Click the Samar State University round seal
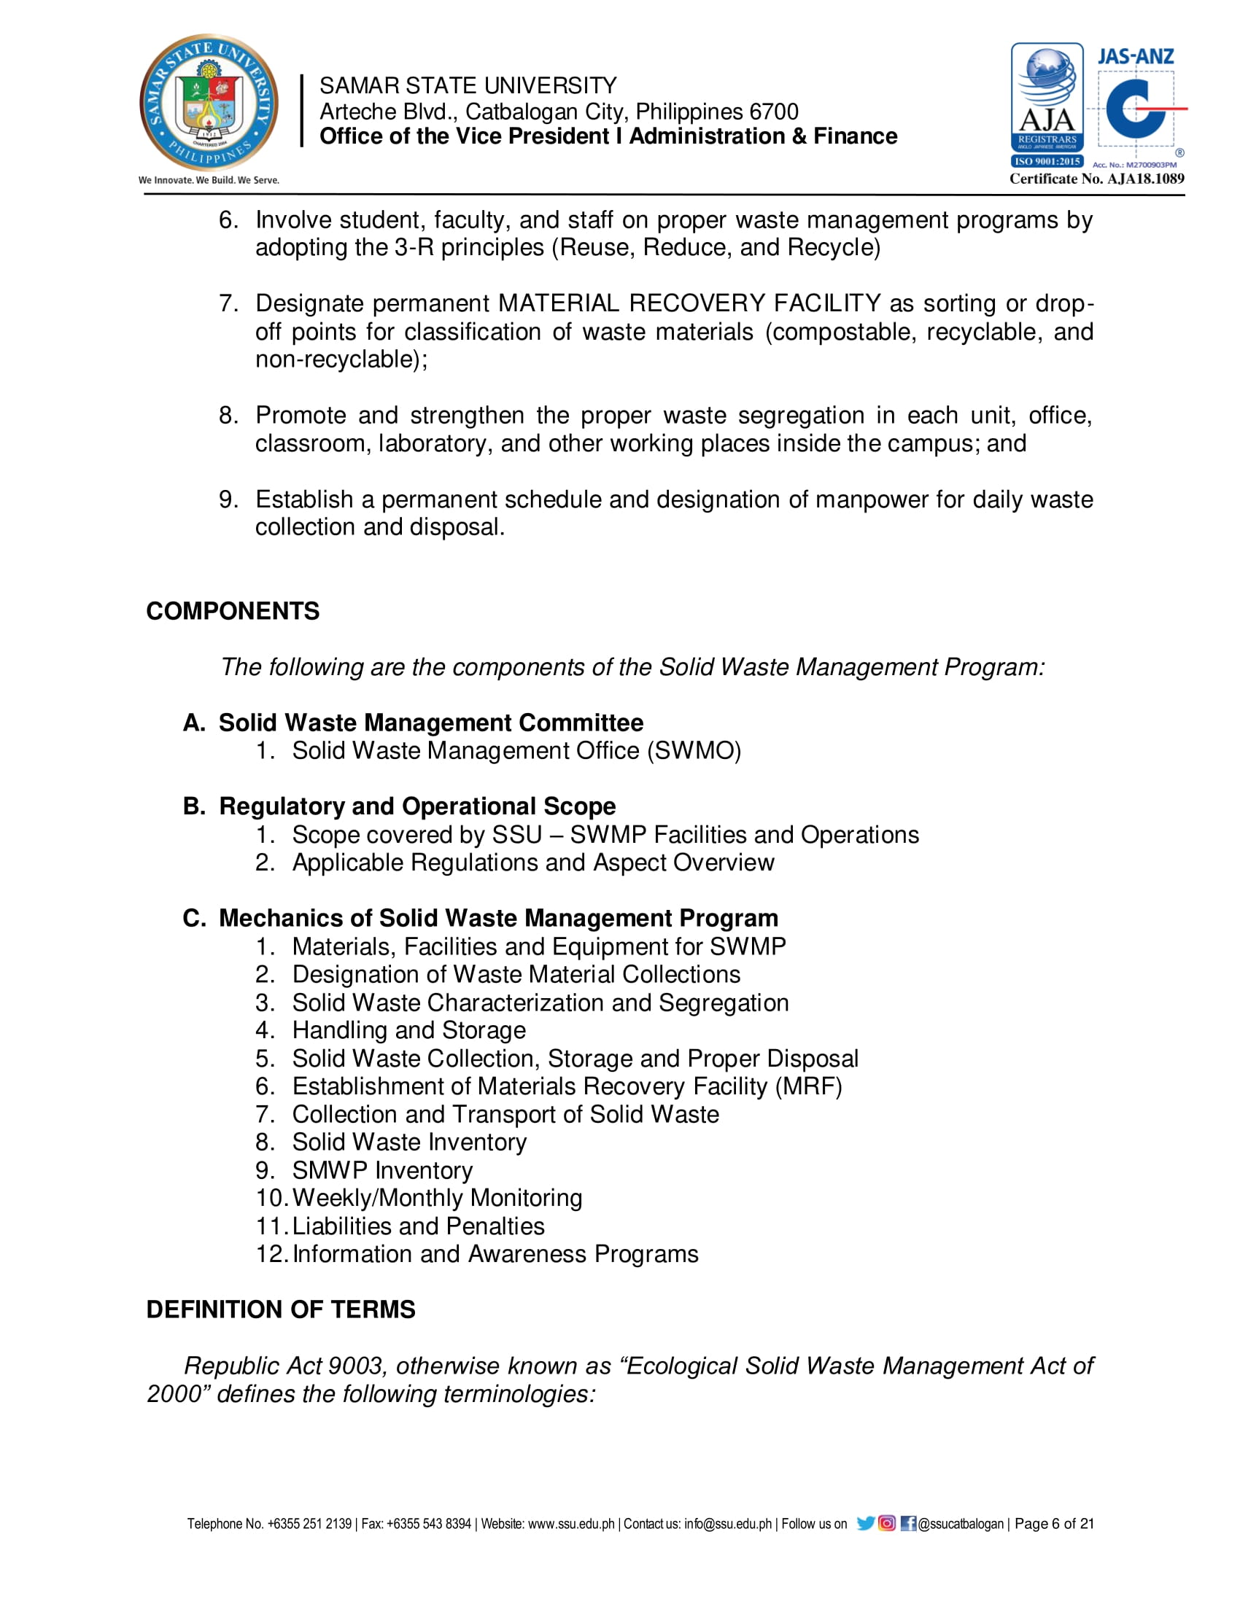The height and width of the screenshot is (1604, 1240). [209, 102]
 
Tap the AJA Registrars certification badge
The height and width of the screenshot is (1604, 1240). [1047, 105]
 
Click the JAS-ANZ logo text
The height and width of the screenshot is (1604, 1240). [1135, 57]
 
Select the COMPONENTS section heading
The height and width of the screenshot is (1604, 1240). [233, 611]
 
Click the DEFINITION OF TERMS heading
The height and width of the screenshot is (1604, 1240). [281, 1309]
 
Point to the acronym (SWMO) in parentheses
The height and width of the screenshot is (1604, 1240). [694, 750]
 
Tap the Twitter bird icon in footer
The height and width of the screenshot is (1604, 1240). [865, 1523]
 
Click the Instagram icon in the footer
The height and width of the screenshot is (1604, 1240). [887, 1523]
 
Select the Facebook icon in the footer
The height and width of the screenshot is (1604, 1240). [908, 1523]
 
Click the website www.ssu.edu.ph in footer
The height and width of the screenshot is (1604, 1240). [571, 1524]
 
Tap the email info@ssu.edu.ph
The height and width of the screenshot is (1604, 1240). [727, 1524]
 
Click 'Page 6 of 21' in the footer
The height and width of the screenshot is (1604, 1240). [1054, 1524]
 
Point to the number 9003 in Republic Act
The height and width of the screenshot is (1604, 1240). [355, 1366]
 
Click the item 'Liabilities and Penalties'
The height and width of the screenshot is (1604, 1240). [418, 1226]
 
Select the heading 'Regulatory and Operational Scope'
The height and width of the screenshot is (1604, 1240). [417, 806]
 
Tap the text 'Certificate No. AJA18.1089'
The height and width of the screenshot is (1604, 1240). [1097, 179]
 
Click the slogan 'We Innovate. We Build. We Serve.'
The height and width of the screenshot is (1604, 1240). [209, 180]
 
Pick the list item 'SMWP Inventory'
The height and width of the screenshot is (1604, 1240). [382, 1171]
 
